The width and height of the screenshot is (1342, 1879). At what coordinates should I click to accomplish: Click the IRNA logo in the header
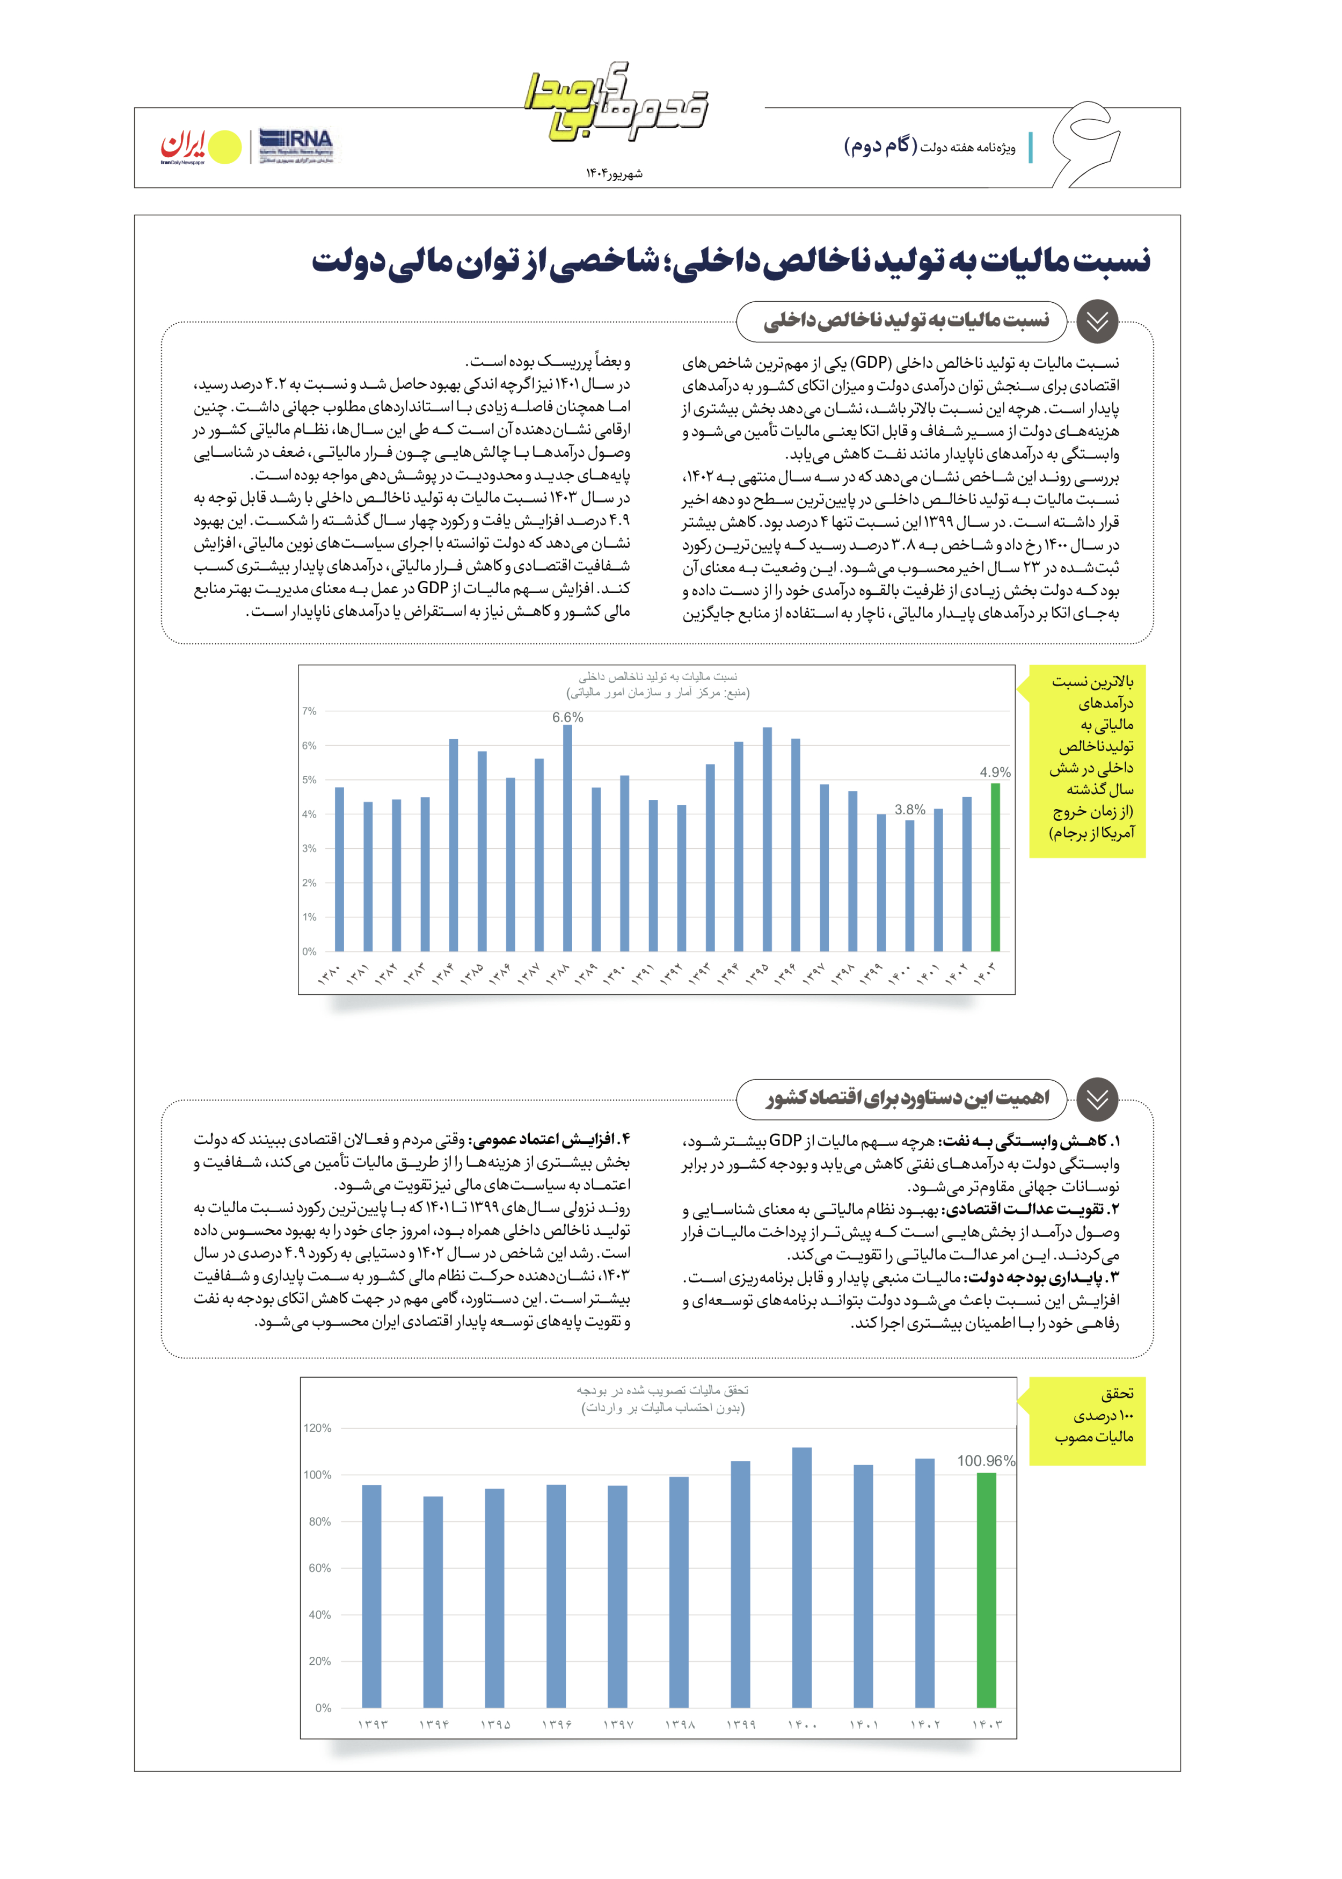click(x=295, y=145)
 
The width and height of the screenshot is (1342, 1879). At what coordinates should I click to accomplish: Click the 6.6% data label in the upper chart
click(x=568, y=717)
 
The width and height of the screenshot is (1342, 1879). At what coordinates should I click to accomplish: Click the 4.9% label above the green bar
click(x=995, y=772)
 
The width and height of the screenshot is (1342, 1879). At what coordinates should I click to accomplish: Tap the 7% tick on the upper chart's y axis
click(x=309, y=711)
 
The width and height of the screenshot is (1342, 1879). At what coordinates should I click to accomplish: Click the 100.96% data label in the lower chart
click(x=986, y=1461)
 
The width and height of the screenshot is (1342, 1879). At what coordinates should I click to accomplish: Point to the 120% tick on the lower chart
click(x=317, y=1428)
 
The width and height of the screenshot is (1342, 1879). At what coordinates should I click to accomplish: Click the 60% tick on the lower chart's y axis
click(x=319, y=1568)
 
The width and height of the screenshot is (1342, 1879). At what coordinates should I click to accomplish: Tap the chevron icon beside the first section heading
click(x=1097, y=322)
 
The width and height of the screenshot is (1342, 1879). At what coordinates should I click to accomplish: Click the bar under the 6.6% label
click(x=568, y=838)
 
